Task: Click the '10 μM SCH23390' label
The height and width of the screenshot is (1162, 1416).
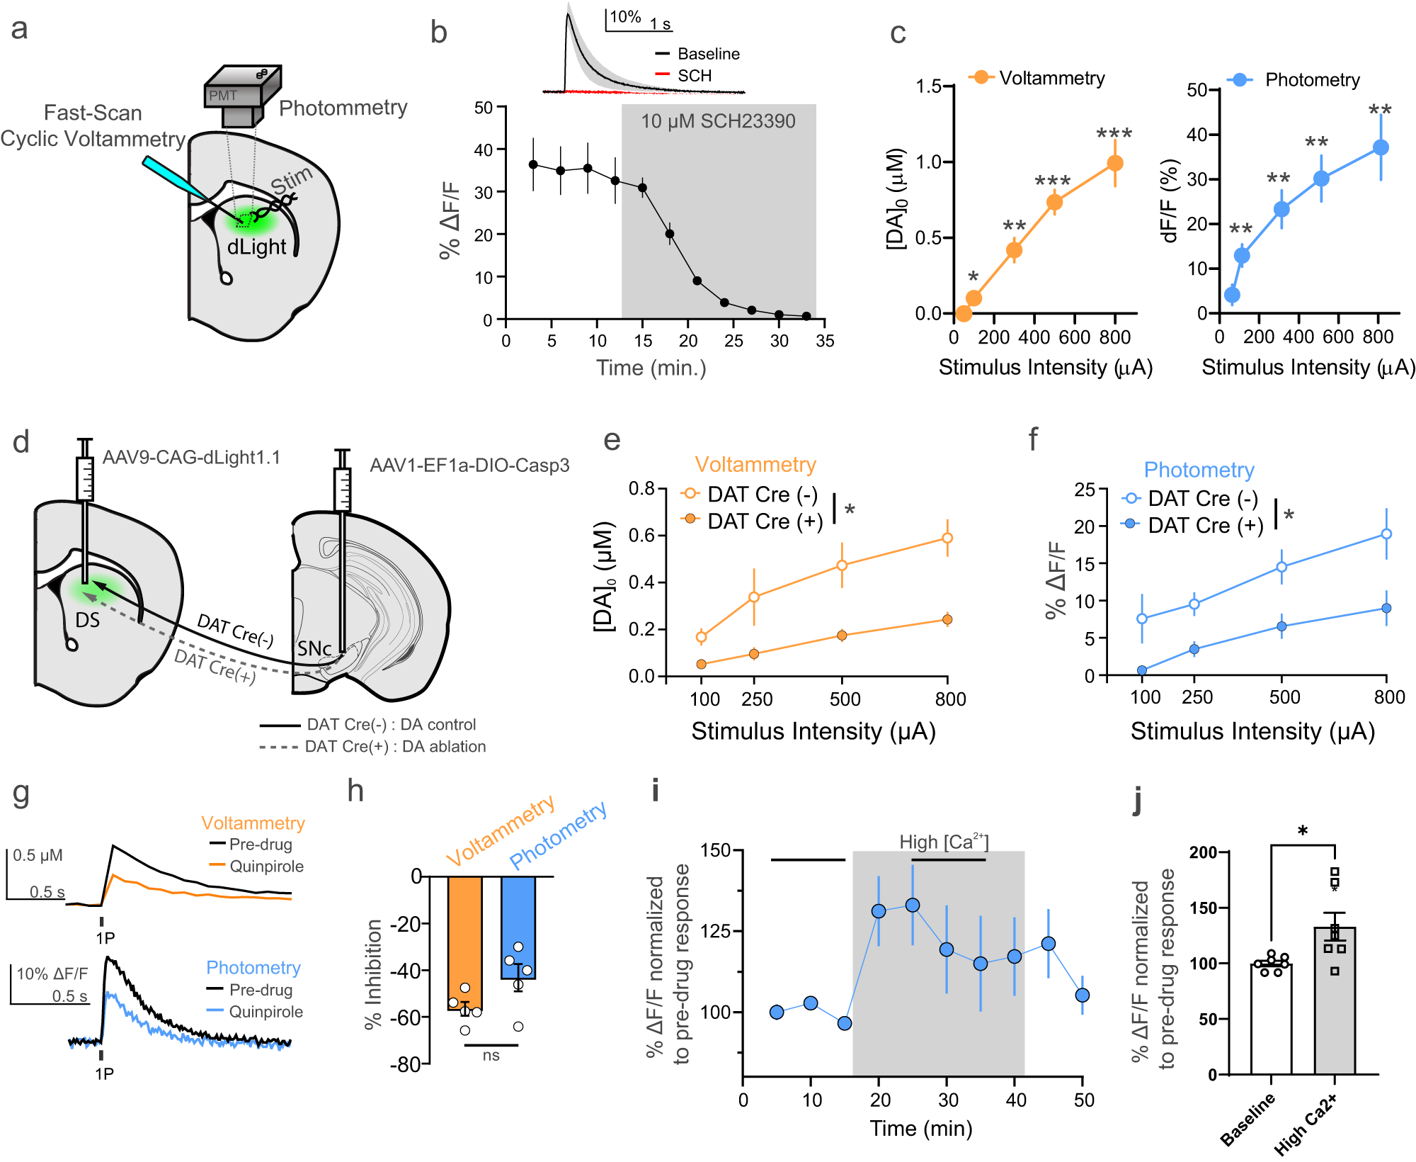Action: tap(718, 121)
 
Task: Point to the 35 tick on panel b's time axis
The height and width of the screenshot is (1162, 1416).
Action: tap(825, 341)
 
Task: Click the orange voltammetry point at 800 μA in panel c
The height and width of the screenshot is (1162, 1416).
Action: tap(1114, 164)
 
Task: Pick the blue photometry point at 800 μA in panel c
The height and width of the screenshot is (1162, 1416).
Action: tap(1380, 147)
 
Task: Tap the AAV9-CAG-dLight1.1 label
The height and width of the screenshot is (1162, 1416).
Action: tap(191, 458)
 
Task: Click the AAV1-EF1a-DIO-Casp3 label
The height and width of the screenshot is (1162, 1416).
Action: tap(469, 466)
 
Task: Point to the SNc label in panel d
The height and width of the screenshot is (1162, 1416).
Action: tap(314, 648)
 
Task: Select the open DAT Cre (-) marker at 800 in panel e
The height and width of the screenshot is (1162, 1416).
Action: tap(947, 538)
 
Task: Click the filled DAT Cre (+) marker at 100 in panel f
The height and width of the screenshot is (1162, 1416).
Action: tap(1142, 670)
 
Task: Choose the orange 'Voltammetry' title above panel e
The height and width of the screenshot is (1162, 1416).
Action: tap(755, 465)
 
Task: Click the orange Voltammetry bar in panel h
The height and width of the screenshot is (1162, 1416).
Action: tap(465, 942)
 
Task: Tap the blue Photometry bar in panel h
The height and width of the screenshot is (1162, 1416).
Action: tap(518, 927)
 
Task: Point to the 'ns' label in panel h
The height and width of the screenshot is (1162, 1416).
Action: tap(491, 1056)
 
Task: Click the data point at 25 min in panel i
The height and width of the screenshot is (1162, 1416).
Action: tap(913, 906)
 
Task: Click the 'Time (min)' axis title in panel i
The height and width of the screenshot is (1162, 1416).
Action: tap(920, 1128)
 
